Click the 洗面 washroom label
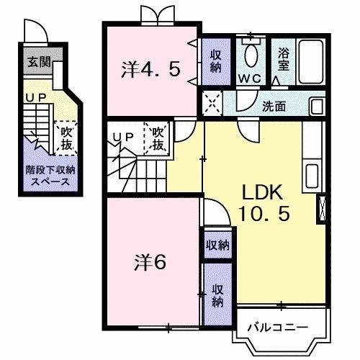[x=274, y=106]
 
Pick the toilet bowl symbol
[x=251, y=55]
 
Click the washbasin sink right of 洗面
[x=317, y=107]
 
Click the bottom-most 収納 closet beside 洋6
[x=217, y=297]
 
